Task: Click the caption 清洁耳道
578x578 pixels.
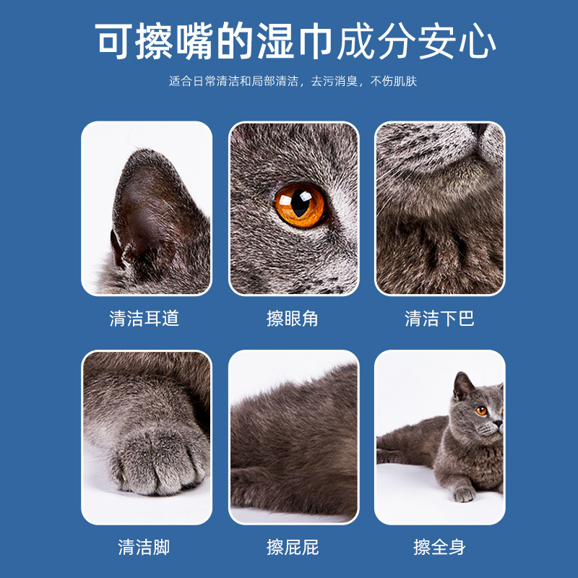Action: point(144,319)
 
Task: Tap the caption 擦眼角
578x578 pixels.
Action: point(293,319)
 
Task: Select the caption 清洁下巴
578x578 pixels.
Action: point(439,319)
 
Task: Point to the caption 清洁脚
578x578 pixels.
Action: point(144,547)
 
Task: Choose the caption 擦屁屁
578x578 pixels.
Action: point(293,547)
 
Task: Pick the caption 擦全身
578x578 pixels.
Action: point(439,547)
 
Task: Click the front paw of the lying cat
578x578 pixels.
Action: point(463,494)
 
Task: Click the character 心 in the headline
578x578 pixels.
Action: point(478,43)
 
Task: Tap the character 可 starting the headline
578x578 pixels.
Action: point(116,43)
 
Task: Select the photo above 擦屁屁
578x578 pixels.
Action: point(293,436)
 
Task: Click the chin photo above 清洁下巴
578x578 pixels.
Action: point(439,208)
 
